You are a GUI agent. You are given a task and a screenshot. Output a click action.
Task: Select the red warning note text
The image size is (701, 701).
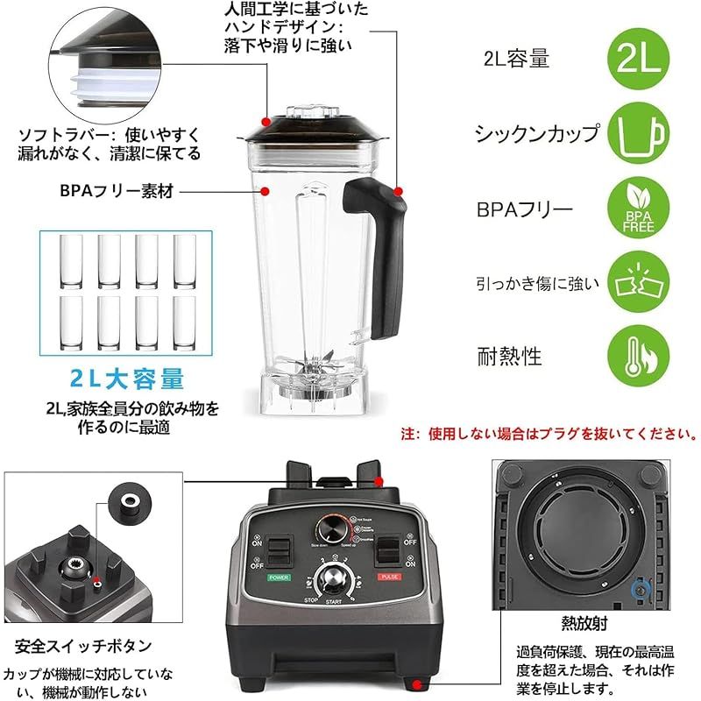coord(549,434)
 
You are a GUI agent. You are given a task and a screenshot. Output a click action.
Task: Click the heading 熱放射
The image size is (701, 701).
coord(585,623)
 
